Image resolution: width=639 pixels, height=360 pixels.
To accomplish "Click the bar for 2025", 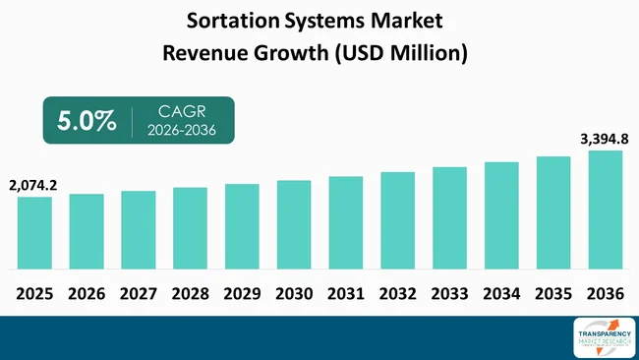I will (x=34, y=233).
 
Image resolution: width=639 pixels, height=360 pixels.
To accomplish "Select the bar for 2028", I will (x=190, y=228).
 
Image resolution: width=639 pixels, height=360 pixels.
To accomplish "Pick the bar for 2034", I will (x=501, y=215).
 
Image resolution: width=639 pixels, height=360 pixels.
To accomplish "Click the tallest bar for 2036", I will (x=606, y=210).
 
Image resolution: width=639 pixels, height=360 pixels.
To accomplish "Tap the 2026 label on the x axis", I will (x=87, y=293).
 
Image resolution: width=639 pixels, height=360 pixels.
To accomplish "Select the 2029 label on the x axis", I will (x=242, y=293).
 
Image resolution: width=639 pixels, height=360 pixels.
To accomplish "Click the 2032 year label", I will (x=397, y=293).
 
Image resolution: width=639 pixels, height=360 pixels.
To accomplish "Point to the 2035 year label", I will (x=553, y=293).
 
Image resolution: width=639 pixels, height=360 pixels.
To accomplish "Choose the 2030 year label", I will (x=294, y=293).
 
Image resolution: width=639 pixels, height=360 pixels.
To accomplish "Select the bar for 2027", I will (x=139, y=230).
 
